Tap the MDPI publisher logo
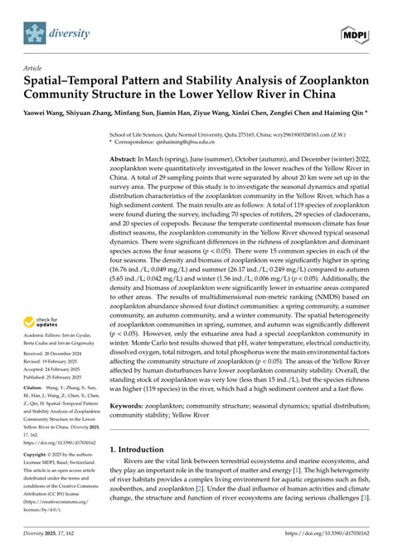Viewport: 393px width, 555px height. click(356, 32)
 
